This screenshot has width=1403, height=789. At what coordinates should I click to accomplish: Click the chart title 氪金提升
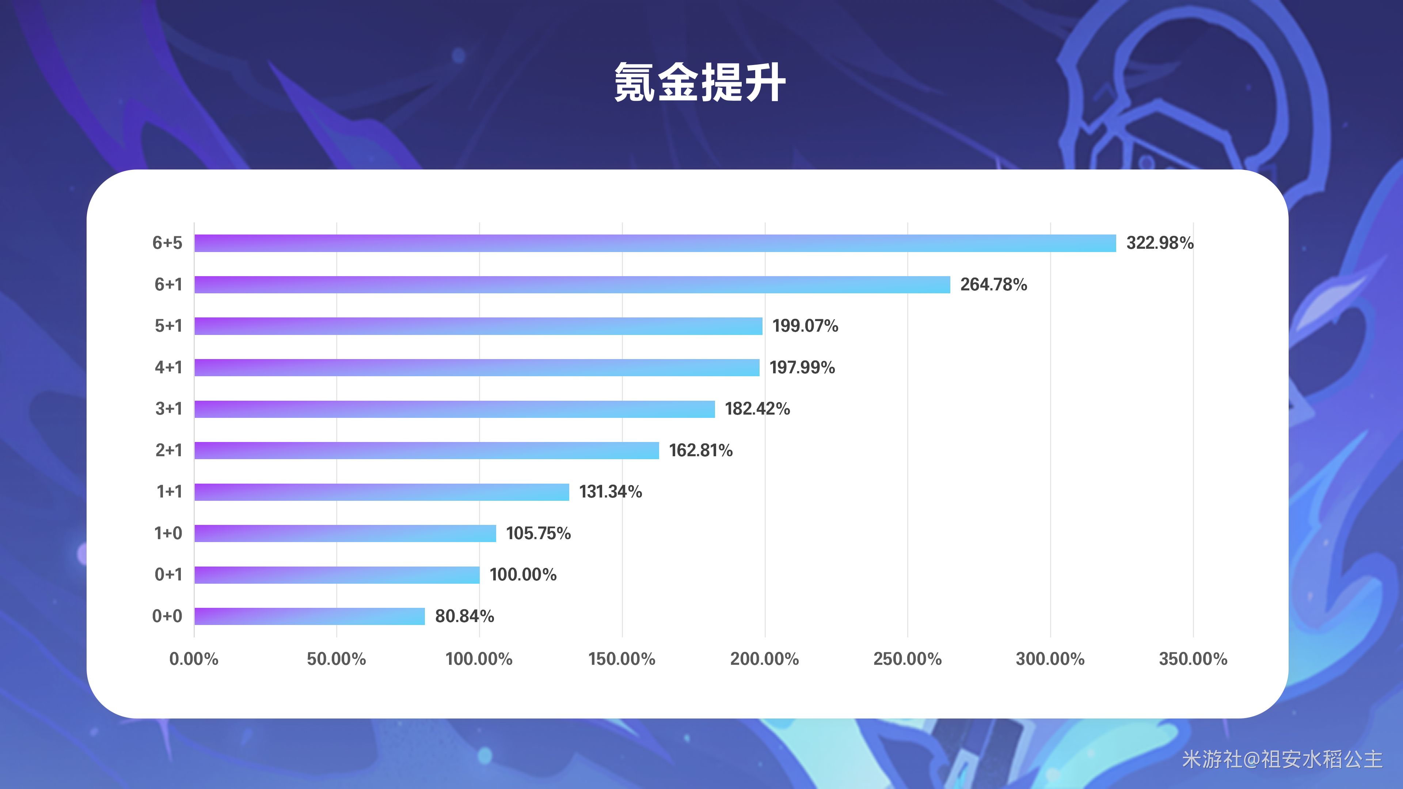pos(700,83)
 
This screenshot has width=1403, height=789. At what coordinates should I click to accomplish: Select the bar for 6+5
pos(655,243)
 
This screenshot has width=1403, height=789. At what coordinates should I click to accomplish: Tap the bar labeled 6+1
pos(572,284)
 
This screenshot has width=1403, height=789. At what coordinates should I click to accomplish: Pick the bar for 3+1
pos(454,409)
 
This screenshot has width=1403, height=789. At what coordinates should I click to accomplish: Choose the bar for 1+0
pos(345,533)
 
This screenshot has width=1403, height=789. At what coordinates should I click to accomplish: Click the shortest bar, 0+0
pos(309,616)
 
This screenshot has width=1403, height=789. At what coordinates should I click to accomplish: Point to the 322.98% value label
pos(1160,243)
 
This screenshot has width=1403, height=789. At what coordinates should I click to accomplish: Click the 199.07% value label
pos(805,325)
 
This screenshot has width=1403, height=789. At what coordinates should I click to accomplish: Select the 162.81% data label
pos(700,450)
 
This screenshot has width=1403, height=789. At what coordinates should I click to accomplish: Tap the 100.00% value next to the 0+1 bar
pos(523,575)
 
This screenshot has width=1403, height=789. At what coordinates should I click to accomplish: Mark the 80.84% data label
pos(464,616)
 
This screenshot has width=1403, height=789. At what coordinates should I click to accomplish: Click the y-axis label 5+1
pos(168,325)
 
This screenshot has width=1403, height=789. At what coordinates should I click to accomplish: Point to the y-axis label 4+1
pos(168,367)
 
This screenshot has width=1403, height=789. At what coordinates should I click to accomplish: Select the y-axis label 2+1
pos(168,450)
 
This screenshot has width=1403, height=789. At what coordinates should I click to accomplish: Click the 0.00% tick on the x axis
pos(194,659)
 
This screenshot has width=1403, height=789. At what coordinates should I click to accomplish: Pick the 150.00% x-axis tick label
pos(621,659)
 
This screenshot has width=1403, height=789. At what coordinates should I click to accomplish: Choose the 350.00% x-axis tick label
pos(1193,659)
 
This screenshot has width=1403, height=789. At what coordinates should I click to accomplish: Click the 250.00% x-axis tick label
pos(907,659)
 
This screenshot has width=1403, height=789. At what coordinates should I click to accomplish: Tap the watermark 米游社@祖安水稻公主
pos(1282,759)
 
